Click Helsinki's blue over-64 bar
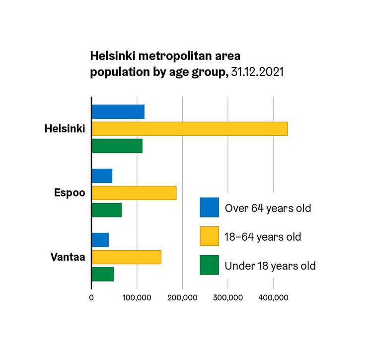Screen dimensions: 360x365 click(x=118, y=112)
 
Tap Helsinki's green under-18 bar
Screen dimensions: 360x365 click(x=117, y=146)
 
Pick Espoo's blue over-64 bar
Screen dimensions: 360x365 click(x=102, y=176)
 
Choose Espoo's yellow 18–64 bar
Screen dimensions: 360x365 click(x=134, y=193)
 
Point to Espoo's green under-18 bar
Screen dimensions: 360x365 click(x=107, y=210)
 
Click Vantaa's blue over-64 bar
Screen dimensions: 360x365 click(x=100, y=240)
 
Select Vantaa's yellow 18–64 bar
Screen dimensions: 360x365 click(x=127, y=257)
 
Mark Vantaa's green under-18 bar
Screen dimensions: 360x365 click(x=103, y=274)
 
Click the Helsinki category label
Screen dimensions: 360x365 click(x=65, y=129)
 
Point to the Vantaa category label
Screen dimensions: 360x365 click(x=68, y=257)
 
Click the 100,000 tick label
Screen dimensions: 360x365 click(x=137, y=297)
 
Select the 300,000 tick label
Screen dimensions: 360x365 click(x=228, y=297)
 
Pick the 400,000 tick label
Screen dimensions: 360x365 click(x=274, y=297)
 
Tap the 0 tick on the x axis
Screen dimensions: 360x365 click(x=91, y=297)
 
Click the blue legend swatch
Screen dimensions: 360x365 click(x=209, y=208)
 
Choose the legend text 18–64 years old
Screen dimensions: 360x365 click(x=263, y=236)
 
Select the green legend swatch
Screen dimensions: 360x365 click(x=209, y=265)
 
